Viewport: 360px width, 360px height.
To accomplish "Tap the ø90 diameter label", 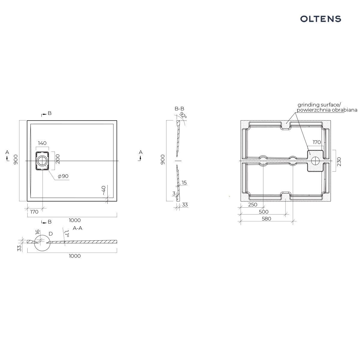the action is coord(63,176).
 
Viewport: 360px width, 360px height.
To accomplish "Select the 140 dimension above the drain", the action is coord(42,143).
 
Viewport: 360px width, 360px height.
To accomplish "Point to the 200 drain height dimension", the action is coord(58,159).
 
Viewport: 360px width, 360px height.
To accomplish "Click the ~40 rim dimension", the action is coord(103,190).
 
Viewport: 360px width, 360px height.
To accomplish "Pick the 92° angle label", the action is coord(183,115).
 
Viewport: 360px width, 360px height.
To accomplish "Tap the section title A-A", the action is coord(77,228).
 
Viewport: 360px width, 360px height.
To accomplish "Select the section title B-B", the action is coord(179,109).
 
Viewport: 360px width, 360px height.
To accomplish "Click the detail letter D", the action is coord(51,234).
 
